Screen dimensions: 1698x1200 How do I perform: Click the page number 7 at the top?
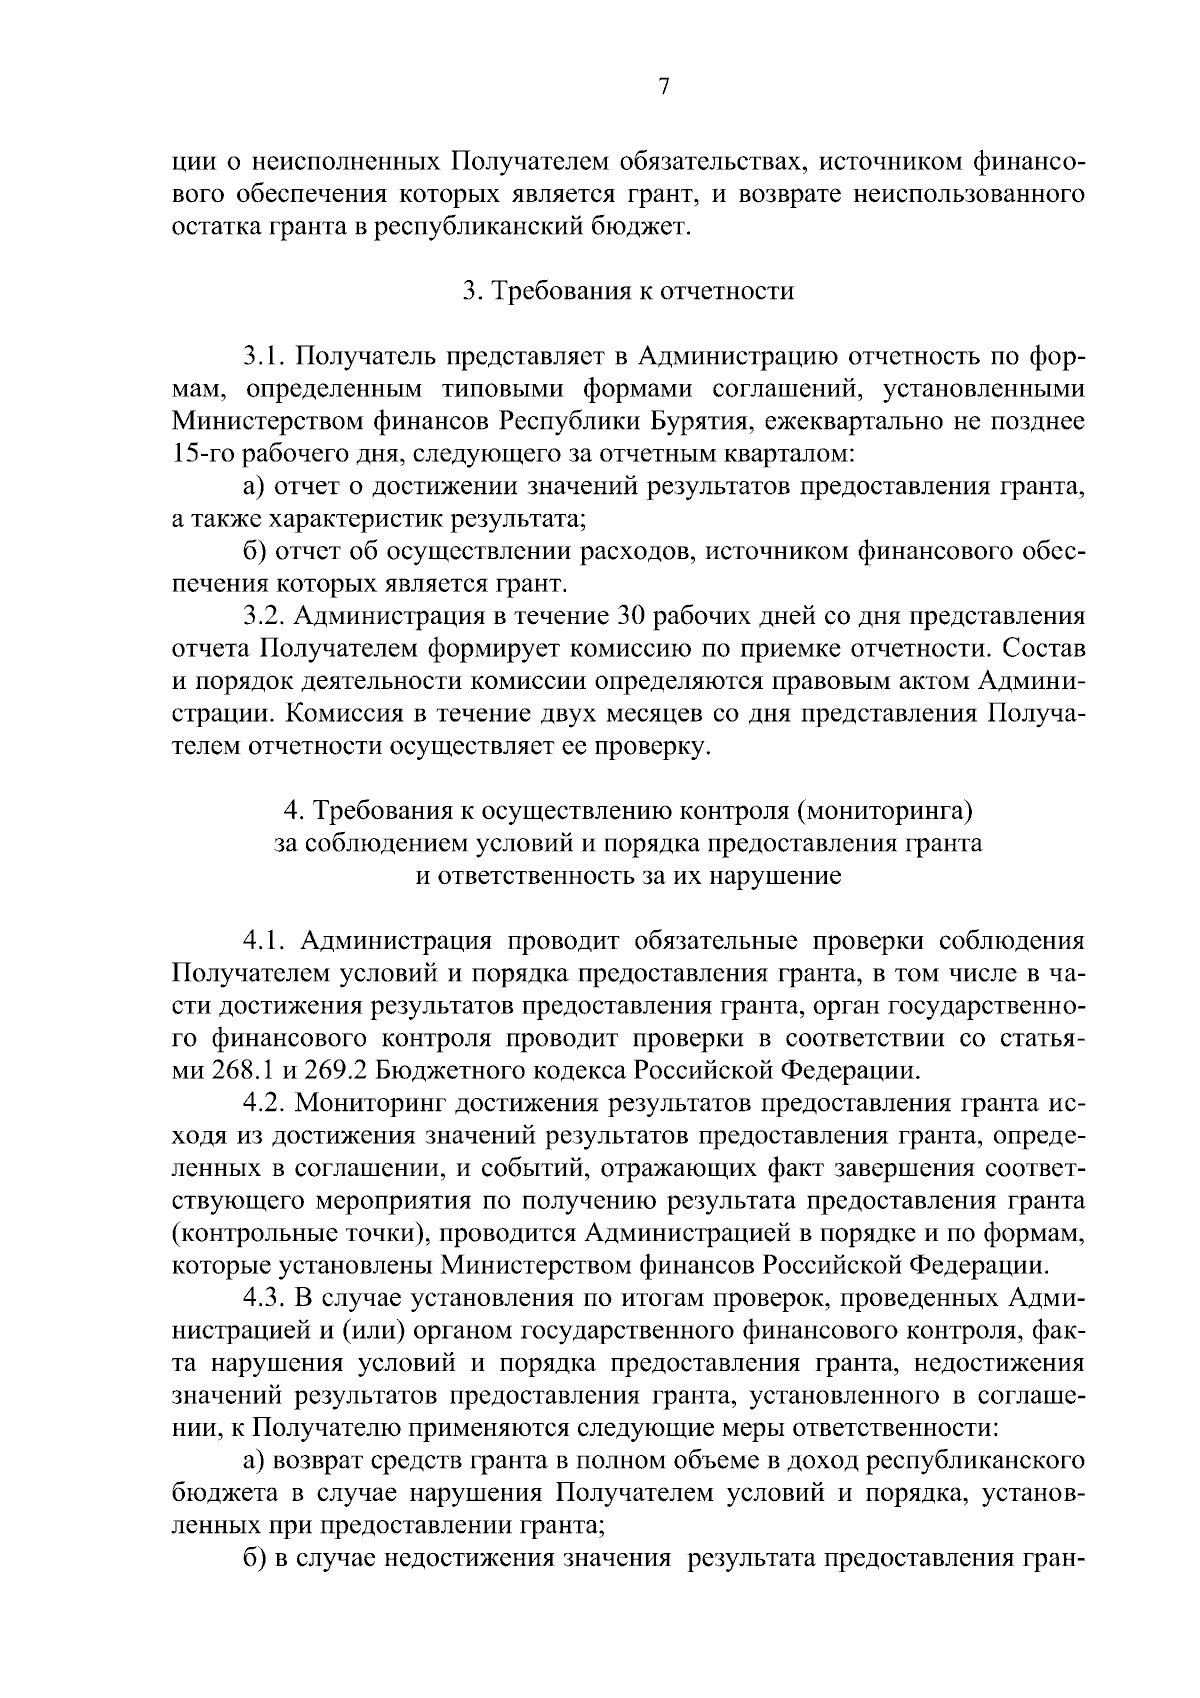tap(663, 87)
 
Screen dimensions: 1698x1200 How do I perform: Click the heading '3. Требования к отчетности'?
tap(628, 291)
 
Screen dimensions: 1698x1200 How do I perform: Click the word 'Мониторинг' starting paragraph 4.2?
tap(369, 1103)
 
